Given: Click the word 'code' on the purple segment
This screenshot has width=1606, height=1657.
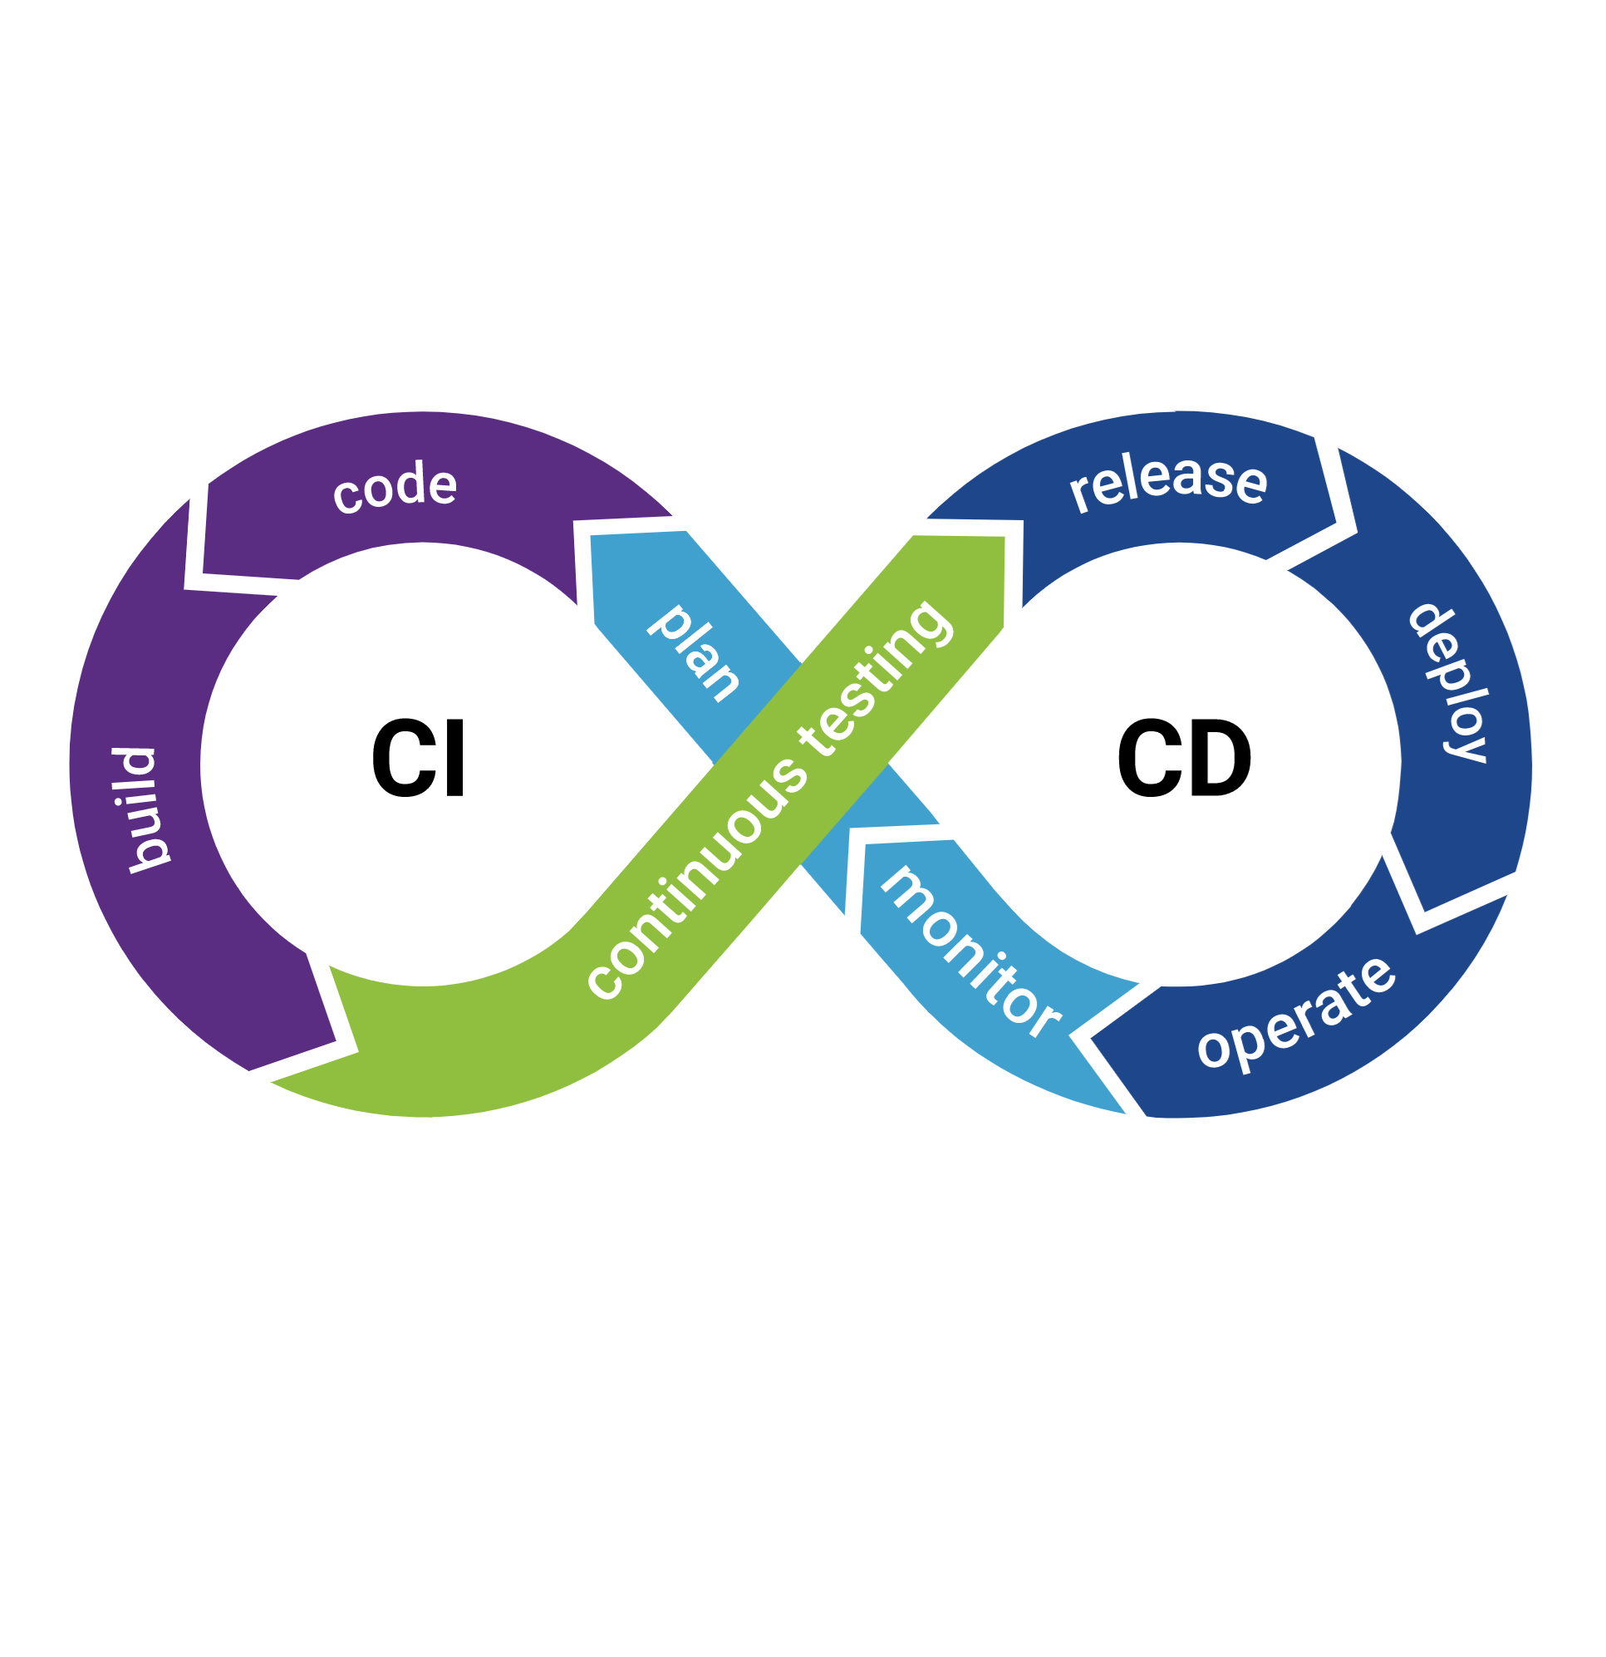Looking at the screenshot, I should (395, 488).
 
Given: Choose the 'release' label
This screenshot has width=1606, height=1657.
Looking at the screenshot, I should (1169, 481).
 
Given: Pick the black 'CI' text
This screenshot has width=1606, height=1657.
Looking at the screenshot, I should (419, 759).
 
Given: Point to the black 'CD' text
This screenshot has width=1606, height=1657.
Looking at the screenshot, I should (1183, 759).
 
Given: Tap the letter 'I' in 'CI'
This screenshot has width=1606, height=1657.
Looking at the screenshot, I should (455, 759).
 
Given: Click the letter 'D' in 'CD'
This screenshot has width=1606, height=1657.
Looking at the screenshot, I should (1219, 759).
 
